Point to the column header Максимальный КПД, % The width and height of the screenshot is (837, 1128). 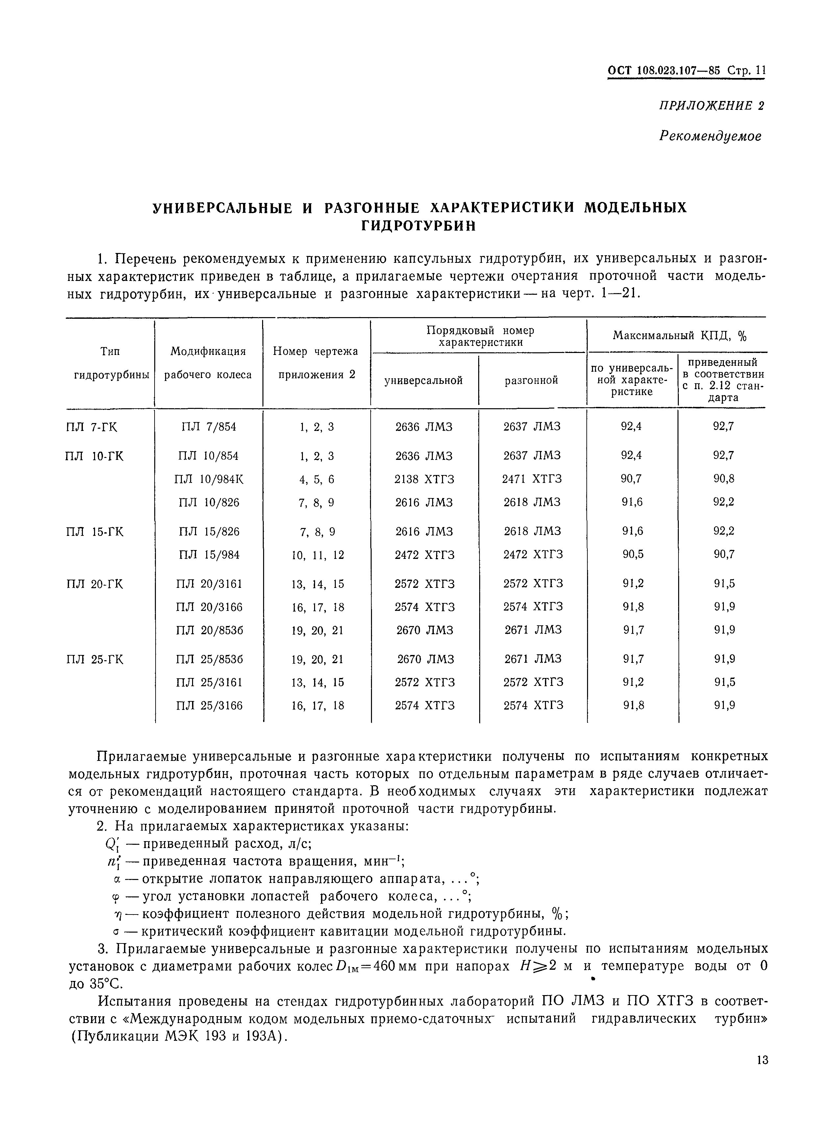point(680,336)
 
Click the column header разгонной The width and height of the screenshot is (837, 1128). point(531,380)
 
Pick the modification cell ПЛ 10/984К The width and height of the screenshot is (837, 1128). point(209,479)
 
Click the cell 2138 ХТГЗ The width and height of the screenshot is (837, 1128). point(425,479)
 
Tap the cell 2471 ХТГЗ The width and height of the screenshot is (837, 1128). point(532,479)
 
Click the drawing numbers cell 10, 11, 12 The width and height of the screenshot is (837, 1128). point(318,555)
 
